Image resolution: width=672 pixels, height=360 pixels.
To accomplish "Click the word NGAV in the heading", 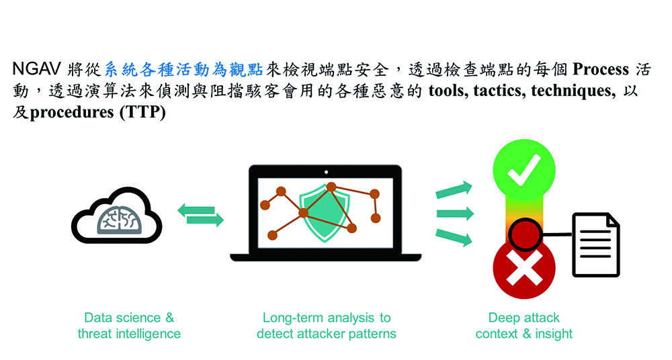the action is pos(37,69).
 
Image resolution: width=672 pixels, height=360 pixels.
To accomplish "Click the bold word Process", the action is pos(601,69).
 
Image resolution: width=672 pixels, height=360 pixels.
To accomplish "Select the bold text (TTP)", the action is pos(142,112).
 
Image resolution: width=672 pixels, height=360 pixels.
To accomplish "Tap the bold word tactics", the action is pos(499,91).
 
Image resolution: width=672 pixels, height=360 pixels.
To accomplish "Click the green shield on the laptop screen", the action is pos(325,213).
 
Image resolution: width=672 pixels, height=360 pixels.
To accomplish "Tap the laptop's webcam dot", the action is pos(326,173).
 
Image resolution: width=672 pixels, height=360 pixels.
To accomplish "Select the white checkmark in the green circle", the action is pos(523,170).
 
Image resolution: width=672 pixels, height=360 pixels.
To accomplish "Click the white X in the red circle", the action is pos(524,268).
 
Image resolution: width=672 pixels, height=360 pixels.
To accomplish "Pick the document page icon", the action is pos(596,244).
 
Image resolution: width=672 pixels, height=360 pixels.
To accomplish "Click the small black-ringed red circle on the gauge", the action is pos(525,234).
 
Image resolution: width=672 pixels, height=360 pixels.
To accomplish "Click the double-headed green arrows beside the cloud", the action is pos(200,215).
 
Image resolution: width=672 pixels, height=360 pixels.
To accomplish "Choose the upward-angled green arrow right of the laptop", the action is pos(454,190).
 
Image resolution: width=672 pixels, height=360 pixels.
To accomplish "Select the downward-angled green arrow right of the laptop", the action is pos(454,237).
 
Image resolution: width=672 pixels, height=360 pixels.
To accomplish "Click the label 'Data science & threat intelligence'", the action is pos(129,326).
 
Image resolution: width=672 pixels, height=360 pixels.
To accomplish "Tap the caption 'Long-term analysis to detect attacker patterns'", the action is pos(327,326).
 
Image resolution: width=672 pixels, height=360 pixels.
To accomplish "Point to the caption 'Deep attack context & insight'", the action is pos(523,326).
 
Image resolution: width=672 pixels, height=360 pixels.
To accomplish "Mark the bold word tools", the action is pos(448,91).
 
